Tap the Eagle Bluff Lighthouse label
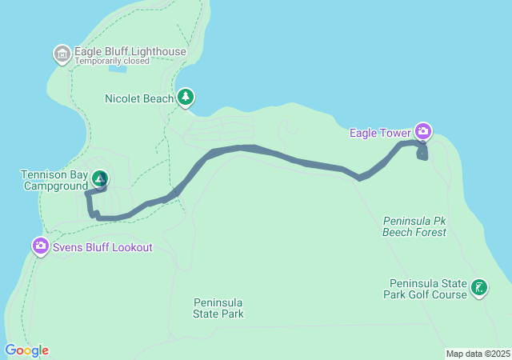[130, 52]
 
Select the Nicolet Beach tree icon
[186, 97]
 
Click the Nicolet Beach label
[139, 99]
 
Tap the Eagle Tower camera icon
[423, 131]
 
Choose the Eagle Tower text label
[380, 133]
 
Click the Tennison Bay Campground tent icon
[99, 178]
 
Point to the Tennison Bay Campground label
[54, 180]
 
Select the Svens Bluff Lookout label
[102, 247]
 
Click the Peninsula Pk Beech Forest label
[414, 226]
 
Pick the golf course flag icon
[479, 288]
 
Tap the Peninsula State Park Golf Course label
[428, 289]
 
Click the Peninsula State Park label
[218, 308]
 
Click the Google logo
[26, 350]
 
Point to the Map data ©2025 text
[478, 354]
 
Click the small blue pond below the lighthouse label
[118, 70]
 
